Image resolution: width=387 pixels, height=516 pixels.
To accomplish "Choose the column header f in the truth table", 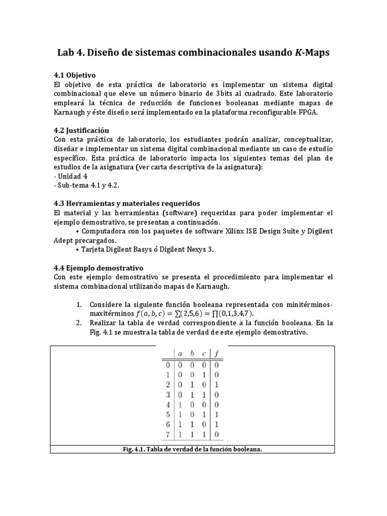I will [217, 354].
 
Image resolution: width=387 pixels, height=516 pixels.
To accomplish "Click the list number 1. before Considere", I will [79, 305].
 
